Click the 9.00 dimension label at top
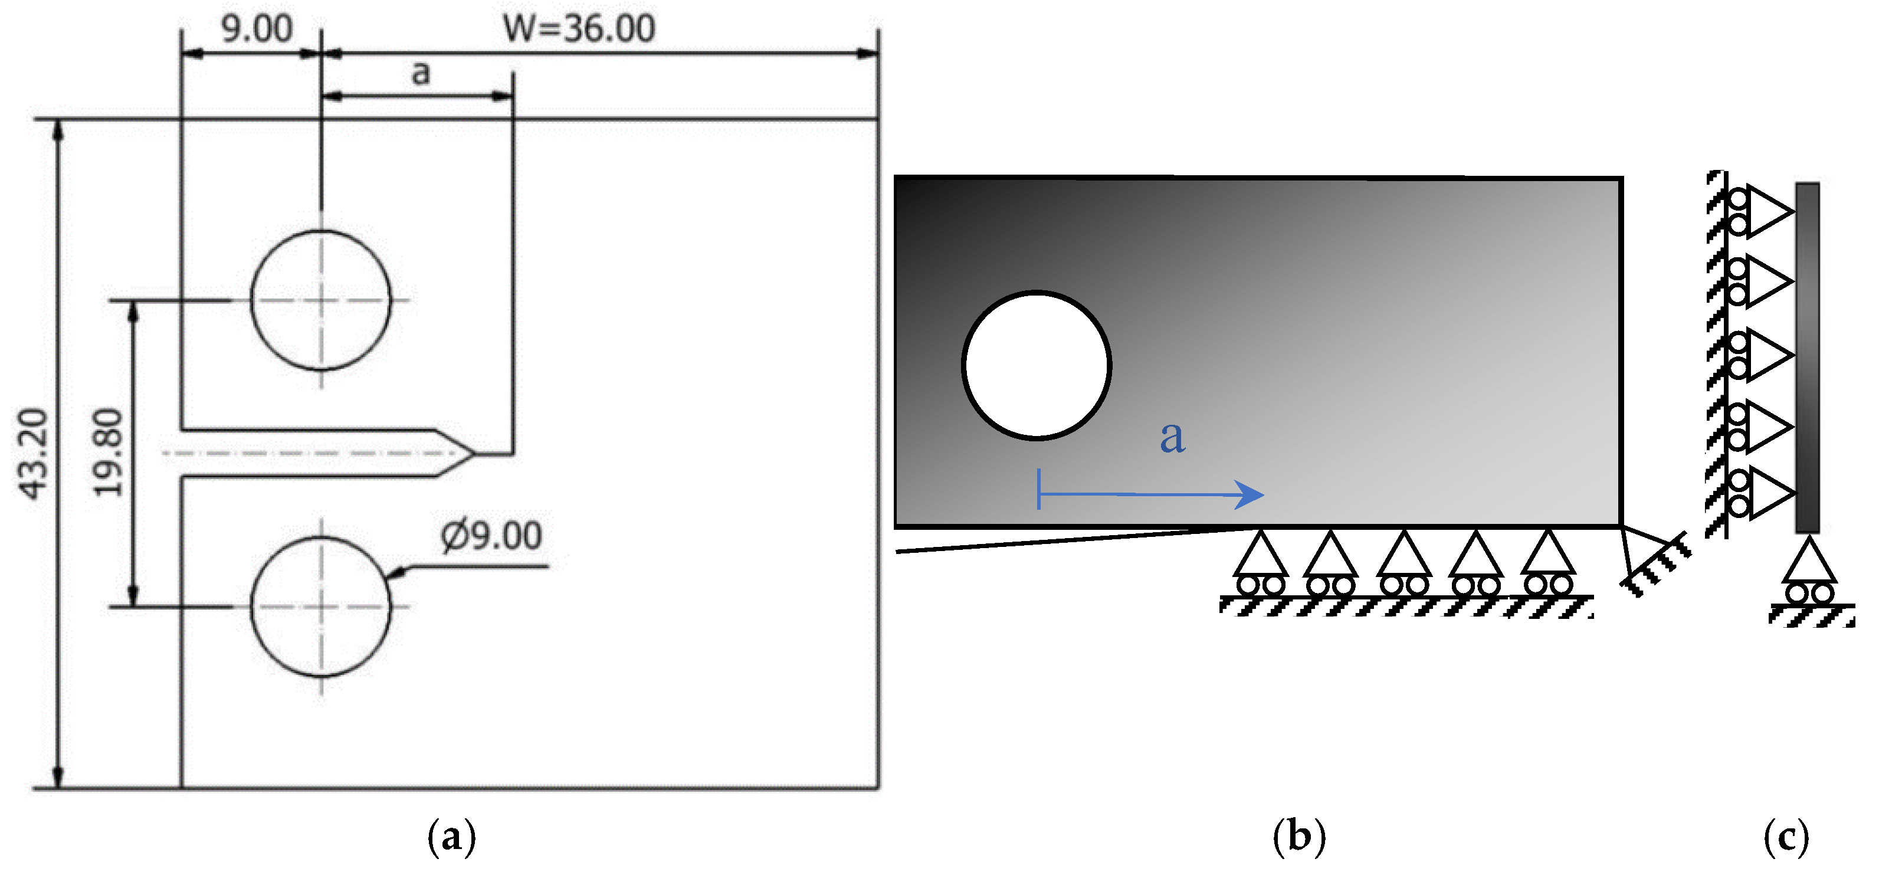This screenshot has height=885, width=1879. [257, 29]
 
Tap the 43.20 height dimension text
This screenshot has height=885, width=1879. [34, 454]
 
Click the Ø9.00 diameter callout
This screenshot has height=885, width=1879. [491, 536]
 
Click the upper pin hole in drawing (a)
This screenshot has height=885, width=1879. [321, 300]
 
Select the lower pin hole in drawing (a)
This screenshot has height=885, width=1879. [321, 607]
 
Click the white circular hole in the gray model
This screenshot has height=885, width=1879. [1037, 365]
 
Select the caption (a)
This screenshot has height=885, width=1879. [451, 836]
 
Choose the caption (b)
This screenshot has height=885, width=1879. [1299, 836]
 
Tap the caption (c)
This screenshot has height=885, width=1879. [1786, 836]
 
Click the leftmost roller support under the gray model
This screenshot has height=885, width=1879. [1261, 565]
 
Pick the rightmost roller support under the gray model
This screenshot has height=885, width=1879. [1548, 565]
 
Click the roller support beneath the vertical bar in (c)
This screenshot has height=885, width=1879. [1809, 573]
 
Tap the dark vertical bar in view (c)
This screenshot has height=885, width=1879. [1808, 358]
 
